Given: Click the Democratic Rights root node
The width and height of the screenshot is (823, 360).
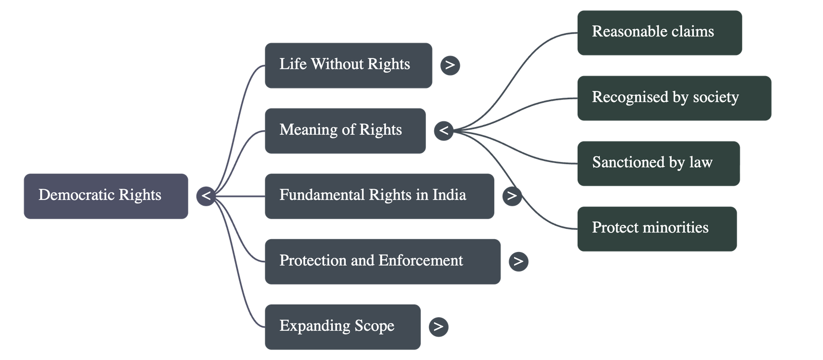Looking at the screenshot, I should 105,196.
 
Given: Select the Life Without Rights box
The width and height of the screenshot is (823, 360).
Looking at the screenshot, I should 348,65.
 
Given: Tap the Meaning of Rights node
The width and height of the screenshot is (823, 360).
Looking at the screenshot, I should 345,131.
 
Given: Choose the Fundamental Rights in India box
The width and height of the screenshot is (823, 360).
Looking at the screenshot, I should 379,196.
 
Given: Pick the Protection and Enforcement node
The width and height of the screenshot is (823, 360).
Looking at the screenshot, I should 382,261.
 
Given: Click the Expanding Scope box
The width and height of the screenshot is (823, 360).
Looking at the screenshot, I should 342,327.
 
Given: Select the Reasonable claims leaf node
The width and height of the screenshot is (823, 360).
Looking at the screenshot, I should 659,32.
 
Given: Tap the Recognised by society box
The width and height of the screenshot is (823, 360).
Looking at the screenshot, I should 674,98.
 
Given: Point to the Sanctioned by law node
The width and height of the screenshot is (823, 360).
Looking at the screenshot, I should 658,163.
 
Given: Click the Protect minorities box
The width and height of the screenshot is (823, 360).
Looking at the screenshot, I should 657,228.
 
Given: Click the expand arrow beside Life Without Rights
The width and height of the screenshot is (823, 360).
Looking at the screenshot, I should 450,65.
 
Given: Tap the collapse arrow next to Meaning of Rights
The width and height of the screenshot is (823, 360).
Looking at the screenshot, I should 443,131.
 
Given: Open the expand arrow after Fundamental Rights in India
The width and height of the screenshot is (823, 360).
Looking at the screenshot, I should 511,196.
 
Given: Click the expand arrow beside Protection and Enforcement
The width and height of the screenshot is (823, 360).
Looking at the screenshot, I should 518,261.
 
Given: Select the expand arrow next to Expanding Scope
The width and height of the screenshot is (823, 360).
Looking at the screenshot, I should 438,327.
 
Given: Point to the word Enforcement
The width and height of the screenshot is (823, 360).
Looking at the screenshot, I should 420,261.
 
